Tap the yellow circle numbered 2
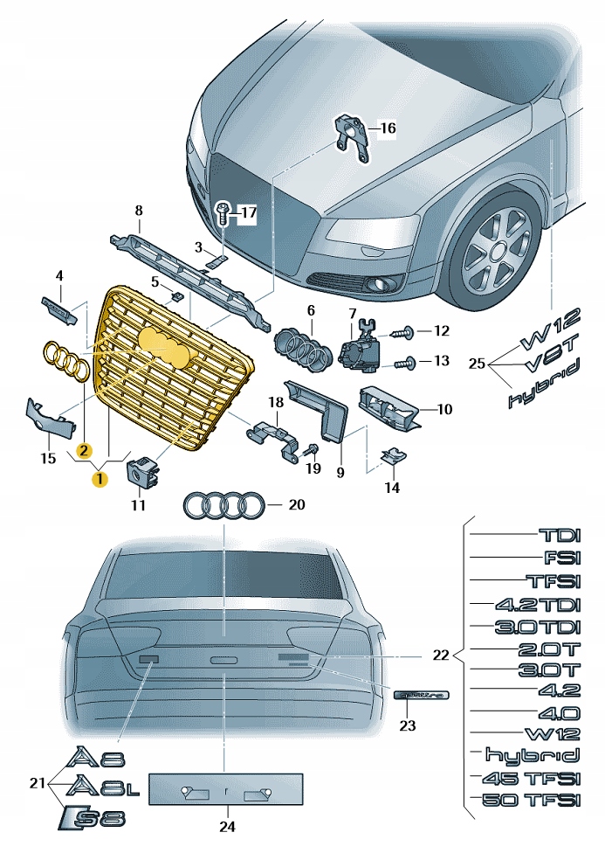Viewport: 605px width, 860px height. (x=83, y=450)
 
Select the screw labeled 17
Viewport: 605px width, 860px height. (x=223, y=212)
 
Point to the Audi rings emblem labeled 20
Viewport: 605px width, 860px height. (x=223, y=505)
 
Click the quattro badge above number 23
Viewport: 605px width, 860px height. (x=422, y=695)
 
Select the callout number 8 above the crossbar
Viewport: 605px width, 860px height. (x=137, y=211)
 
